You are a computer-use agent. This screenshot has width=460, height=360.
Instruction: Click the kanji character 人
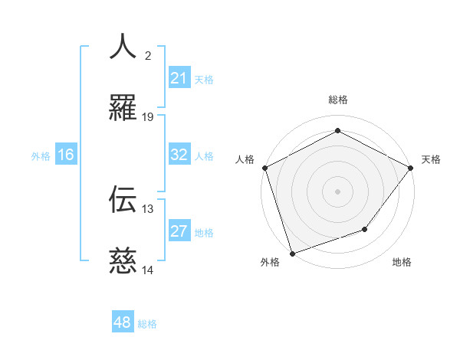tap(123, 47)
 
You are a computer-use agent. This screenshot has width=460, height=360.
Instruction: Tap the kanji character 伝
tap(123, 199)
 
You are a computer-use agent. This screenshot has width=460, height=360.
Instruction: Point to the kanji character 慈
tap(123, 261)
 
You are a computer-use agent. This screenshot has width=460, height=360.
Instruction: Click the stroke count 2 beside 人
tap(148, 55)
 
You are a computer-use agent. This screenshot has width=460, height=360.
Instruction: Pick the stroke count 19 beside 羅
tap(148, 117)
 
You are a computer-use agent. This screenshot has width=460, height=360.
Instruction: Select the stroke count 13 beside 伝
tap(148, 208)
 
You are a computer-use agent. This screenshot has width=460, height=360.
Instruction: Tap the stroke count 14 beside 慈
tap(148, 270)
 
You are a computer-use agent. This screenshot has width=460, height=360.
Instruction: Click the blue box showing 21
tap(179, 78)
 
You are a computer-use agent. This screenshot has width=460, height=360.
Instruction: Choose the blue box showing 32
tap(179, 155)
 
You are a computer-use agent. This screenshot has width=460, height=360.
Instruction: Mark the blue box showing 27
tap(179, 231)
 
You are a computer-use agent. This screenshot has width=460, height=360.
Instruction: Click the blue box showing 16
tap(66, 155)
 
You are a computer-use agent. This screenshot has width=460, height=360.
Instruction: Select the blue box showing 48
tap(123, 322)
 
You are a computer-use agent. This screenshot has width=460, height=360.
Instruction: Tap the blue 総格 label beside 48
tap(147, 324)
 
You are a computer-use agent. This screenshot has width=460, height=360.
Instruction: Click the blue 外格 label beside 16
tap(41, 156)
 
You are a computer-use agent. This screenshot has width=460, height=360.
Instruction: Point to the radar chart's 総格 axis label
tap(337, 100)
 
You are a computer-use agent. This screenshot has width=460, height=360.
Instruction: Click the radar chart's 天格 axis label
tap(431, 159)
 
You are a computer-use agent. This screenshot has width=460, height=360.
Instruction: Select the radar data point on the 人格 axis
tap(265, 168)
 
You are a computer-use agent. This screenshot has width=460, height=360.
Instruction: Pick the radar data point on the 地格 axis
tap(365, 229)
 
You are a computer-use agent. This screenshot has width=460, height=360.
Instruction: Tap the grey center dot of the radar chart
tap(337, 191)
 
